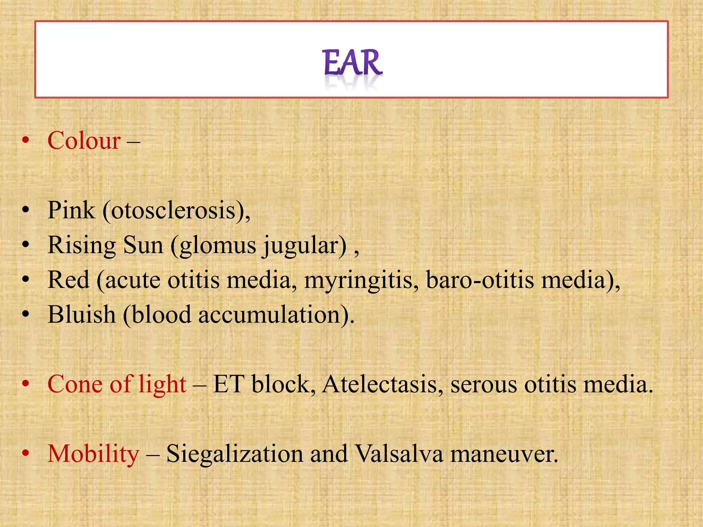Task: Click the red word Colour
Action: click(x=84, y=141)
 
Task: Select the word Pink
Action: click(x=71, y=210)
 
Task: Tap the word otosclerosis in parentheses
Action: click(x=173, y=211)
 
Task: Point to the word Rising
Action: click(x=82, y=246)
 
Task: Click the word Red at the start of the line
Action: click(x=68, y=280)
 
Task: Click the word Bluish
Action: click(x=82, y=315)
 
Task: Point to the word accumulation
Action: click(x=269, y=315)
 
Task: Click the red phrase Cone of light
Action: click(x=117, y=384)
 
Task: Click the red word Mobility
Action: click(x=93, y=454)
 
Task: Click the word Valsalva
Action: click(x=399, y=454)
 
